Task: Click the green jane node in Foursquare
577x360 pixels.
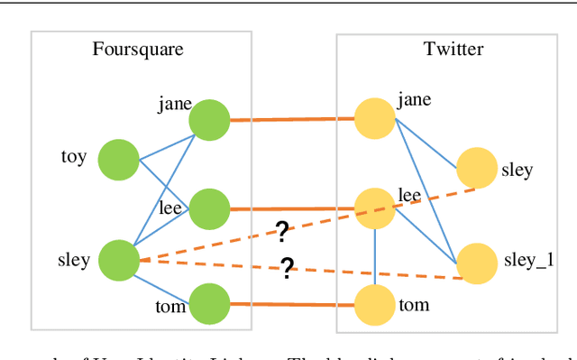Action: click(x=209, y=120)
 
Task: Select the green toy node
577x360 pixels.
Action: click(x=118, y=160)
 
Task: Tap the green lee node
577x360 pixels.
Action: click(x=209, y=208)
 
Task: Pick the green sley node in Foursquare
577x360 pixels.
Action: click(x=118, y=260)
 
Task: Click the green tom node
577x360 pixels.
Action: click(x=209, y=304)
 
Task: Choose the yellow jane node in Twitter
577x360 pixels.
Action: click(x=374, y=119)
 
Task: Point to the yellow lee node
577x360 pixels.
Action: click(x=374, y=208)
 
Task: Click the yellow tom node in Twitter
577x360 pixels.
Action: click(x=374, y=304)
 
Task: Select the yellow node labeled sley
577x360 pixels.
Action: click(x=476, y=169)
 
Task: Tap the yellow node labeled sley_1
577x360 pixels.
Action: click(x=476, y=263)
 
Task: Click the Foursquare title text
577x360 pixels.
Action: click(x=138, y=49)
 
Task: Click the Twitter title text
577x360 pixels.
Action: click(x=453, y=49)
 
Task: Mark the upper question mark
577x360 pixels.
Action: click(x=281, y=233)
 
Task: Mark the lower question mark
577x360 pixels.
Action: click(x=287, y=268)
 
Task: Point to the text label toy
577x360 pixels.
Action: click(x=73, y=157)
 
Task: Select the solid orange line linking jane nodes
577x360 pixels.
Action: click(x=291, y=119)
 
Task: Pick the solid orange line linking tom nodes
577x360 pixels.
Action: click(x=291, y=304)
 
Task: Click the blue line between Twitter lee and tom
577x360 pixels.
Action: click(x=374, y=256)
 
